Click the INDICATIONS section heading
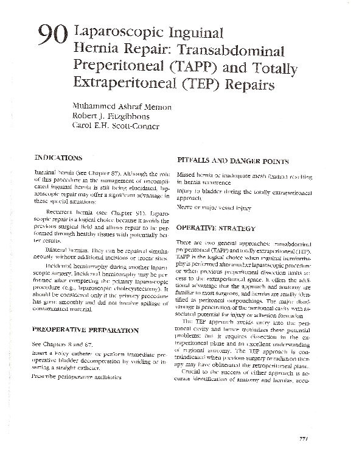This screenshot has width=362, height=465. click(x=59, y=157)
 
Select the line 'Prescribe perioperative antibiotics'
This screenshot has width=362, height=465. click(x=77, y=377)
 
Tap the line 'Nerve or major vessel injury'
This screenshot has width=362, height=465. click(x=214, y=207)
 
